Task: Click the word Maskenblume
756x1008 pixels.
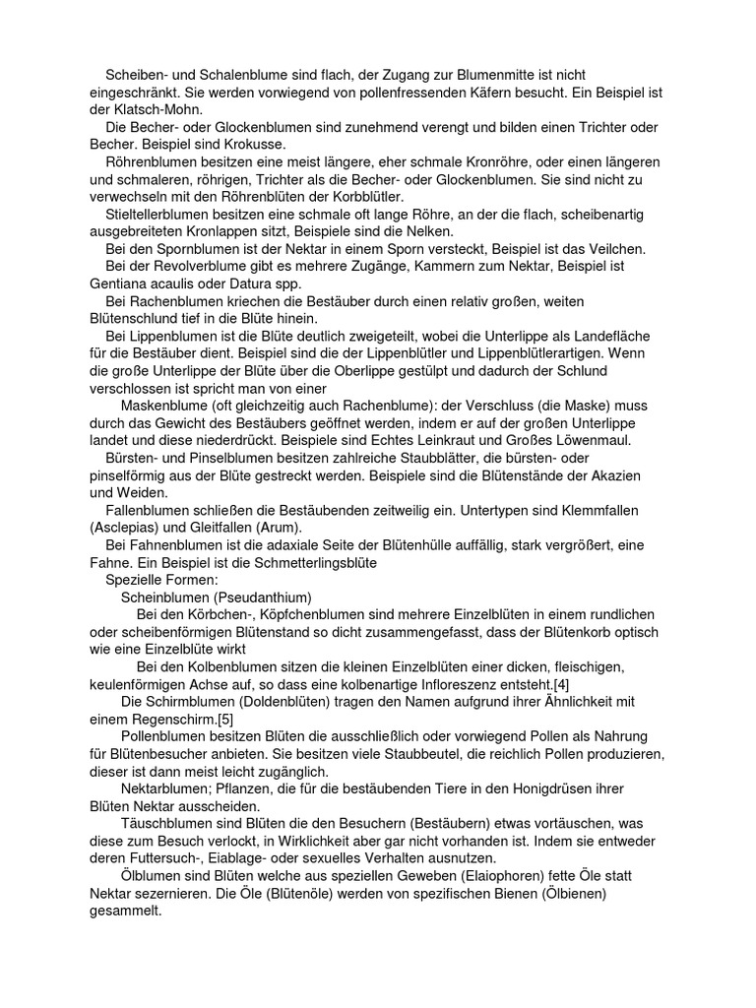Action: click(169, 405)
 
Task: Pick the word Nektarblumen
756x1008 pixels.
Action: click(169, 788)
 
